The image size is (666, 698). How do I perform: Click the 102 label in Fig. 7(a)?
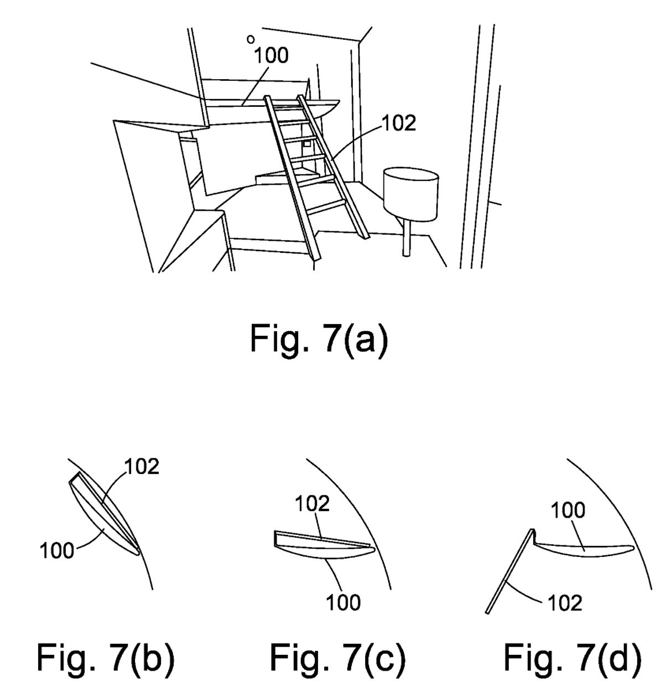pos(398,123)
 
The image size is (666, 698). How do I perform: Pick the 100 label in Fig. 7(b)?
pos(56,550)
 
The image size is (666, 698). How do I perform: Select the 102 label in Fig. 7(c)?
pos(313,504)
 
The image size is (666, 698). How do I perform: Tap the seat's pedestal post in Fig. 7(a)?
pos(407,238)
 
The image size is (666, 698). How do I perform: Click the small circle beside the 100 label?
pos(251,39)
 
